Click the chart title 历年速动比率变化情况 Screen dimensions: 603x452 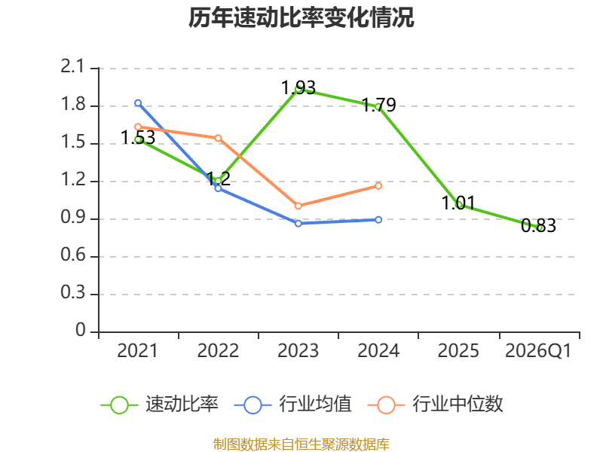(x=301, y=17)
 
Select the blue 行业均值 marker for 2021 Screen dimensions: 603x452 (x=138, y=103)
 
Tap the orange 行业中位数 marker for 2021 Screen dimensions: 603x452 (x=138, y=127)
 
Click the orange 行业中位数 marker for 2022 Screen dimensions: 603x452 (x=218, y=138)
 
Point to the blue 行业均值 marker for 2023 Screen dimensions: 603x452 (x=298, y=223)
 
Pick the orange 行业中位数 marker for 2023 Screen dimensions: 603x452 (x=298, y=206)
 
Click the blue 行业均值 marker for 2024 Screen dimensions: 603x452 (x=378, y=220)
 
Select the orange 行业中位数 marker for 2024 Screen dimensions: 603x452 (x=378, y=186)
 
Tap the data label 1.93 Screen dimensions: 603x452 (x=298, y=87)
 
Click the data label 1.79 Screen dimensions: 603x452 (x=379, y=105)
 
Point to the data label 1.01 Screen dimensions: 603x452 (x=458, y=203)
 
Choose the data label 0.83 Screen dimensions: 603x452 (x=538, y=225)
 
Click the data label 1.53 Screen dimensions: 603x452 (x=138, y=138)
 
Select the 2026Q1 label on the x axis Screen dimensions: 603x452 (x=538, y=350)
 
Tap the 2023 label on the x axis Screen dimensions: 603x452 (x=298, y=350)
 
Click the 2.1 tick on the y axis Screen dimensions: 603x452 (x=72, y=66)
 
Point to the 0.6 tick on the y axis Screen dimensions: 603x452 (x=72, y=255)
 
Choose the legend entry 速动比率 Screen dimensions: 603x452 (x=160, y=405)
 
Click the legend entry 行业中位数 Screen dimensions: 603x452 (x=435, y=405)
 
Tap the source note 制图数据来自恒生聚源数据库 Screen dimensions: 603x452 (x=301, y=444)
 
